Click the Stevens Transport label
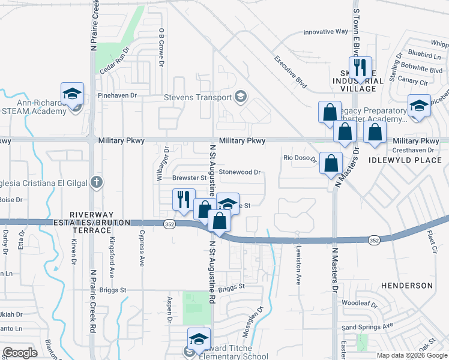[x=198, y=98]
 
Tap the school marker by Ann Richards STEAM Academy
[x=72, y=94]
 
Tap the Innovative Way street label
[x=325, y=32]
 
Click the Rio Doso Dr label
[x=300, y=158]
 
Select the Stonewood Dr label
[x=240, y=172]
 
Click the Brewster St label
[x=189, y=178]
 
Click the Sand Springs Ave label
[x=367, y=326]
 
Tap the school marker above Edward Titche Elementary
[x=199, y=339]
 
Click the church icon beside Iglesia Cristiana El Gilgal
[x=96, y=183]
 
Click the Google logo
[x=20, y=353]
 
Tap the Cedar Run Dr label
[x=114, y=61]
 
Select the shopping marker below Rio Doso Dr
[x=331, y=163]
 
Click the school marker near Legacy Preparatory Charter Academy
[x=419, y=106]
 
